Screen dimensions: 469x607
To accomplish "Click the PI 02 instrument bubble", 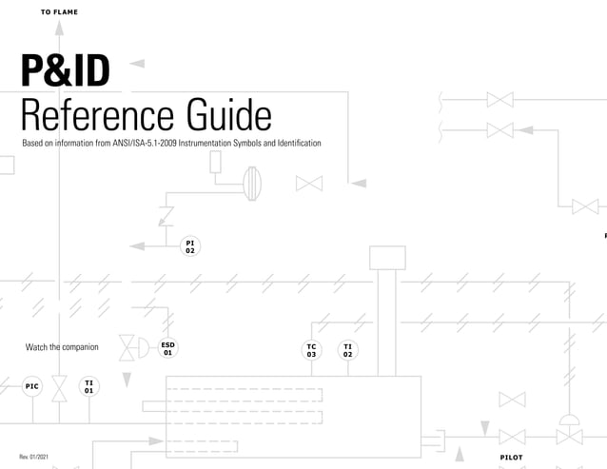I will (x=190, y=247).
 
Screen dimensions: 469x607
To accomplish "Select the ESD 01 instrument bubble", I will (x=167, y=348).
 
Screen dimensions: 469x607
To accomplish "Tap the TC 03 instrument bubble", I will (x=311, y=351).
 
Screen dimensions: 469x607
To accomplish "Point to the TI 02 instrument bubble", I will (x=348, y=351).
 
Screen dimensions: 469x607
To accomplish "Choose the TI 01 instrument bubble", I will (x=88, y=386).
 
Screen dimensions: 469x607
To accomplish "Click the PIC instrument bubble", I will (x=32, y=386).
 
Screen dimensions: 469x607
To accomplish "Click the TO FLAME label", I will (x=59, y=12).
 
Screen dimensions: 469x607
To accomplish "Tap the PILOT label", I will (x=511, y=458).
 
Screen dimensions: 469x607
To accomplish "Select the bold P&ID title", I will (x=65, y=71).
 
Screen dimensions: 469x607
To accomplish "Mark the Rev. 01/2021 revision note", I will (x=36, y=458).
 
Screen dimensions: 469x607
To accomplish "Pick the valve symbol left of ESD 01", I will (x=127, y=348).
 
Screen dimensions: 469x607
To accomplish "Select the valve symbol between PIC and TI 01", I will (x=60, y=387).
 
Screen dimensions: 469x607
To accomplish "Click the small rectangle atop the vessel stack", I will (x=387, y=258).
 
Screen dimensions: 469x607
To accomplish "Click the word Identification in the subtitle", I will (x=297, y=143).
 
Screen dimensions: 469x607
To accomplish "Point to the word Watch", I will (x=36, y=347).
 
